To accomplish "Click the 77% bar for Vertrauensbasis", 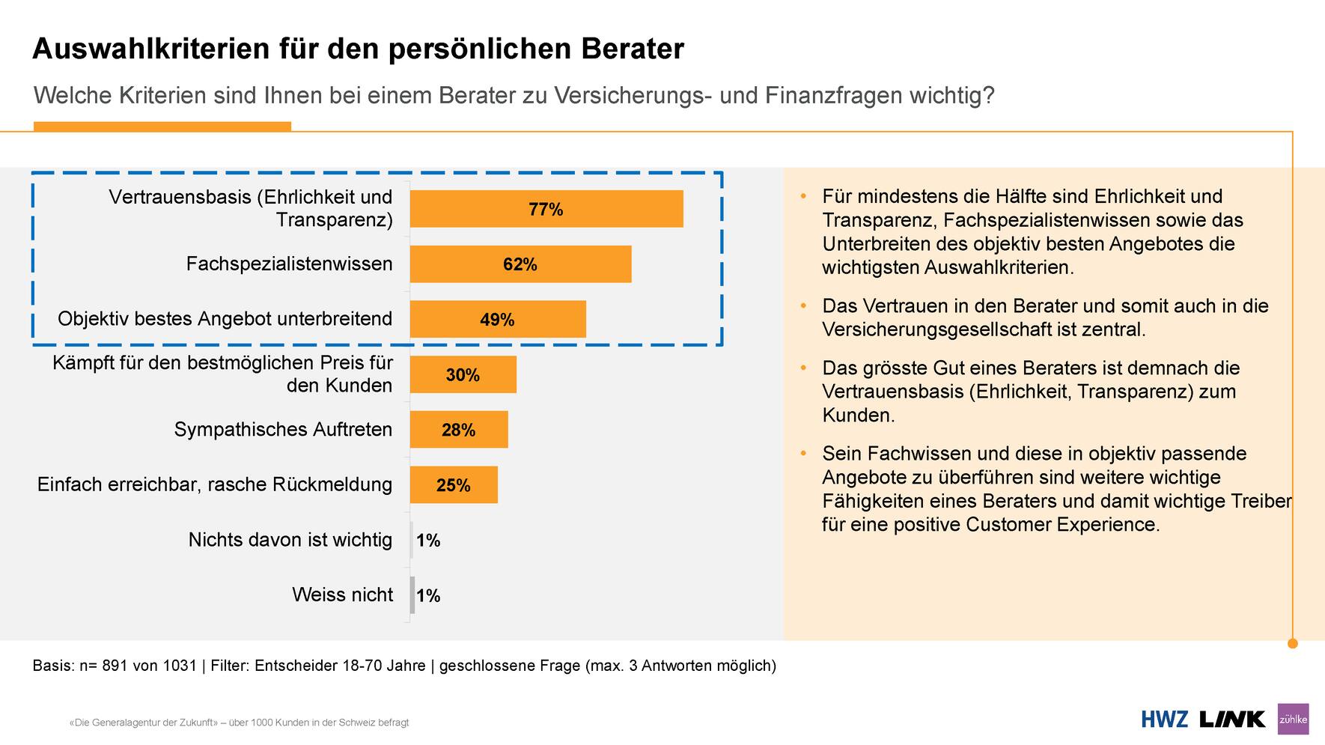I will pyautogui.click(x=546, y=209).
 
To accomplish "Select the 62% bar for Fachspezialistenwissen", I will pyautogui.click(x=520, y=264).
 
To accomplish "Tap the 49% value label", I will pyautogui.click(x=497, y=320).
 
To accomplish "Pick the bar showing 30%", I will pyautogui.click(x=463, y=374).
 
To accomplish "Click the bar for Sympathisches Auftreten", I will pyautogui.click(x=458, y=430).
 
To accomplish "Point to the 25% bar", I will pyautogui.click(x=453, y=485).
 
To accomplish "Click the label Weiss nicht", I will pyautogui.click(x=342, y=595).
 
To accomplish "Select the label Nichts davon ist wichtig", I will pyautogui.click(x=290, y=540).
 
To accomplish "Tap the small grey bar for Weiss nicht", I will pyautogui.click(x=412, y=595).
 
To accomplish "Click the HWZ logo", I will pyautogui.click(x=1164, y=720).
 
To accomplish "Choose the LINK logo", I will pyautogui.click(x=1231, y=720).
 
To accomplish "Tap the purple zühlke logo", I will pyautogui.click(x=1293, y=720).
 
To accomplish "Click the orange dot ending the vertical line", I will pyautogui.click(x=1292, y=643).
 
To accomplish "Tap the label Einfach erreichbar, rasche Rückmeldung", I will pyautogui.click(x=215, y=484).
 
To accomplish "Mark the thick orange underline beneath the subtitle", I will pyautogui.click(x=162, y=127).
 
